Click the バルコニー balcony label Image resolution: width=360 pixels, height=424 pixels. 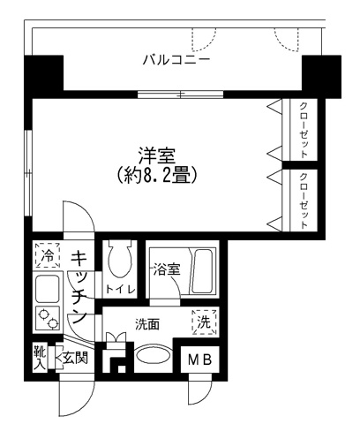click(x=176, y=61)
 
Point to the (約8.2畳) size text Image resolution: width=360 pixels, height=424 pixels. click(x=158, y=174)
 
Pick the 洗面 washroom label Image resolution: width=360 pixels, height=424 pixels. click(x=147, y=324)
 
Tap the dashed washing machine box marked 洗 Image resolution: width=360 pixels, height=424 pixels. click(x=204, y=323)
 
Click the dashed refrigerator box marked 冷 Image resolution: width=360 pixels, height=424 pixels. click(x=46, y=256)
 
